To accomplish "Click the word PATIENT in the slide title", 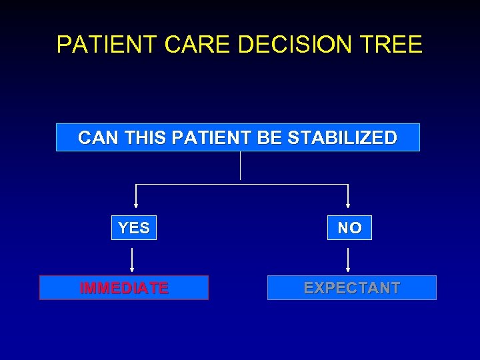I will [x=107, y=45].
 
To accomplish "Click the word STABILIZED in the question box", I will [x=342, y=138].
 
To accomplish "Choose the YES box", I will [x=134, y=228].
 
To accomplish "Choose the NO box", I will [x=349, y=228].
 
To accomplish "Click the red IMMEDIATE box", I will [x=124, y=288].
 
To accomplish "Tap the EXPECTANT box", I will [x=352, y=288].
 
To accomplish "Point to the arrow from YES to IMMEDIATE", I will [x=133, y=259].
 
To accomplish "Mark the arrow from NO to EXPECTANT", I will [x=349, y=259].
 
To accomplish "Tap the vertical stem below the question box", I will [x=240, y=166].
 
